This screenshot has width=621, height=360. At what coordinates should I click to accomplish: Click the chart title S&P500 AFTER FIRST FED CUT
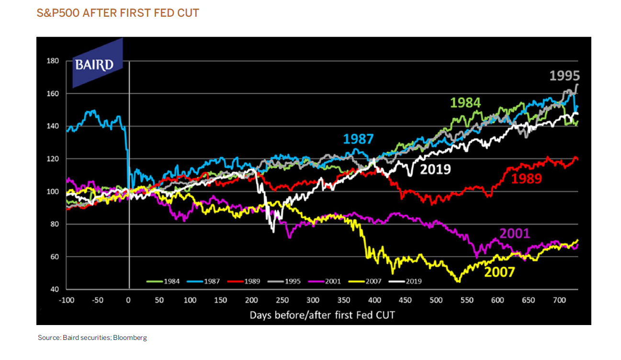118,13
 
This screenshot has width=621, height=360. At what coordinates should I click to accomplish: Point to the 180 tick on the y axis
53,61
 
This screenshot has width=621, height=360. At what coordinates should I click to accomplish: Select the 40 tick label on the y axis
54,290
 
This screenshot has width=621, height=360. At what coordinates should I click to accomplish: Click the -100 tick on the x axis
66,300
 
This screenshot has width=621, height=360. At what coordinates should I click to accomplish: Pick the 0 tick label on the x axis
128,300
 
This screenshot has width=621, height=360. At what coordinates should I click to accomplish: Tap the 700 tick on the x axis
559,300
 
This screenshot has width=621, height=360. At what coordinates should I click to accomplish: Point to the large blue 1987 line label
358,139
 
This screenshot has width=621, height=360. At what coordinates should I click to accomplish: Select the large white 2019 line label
435,169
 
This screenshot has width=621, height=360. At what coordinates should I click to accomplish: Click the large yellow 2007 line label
499,272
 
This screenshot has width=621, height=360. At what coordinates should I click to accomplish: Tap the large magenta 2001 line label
515,233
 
